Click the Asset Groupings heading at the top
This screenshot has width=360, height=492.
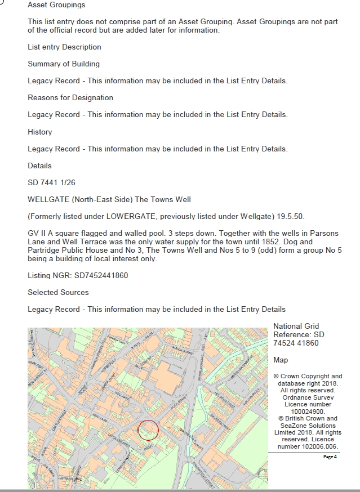pyautogui.click(x=56, y=5)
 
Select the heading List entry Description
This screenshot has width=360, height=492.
pyautogui.click(x=64, y=47)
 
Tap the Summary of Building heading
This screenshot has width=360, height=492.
pyautogui.click(x=64, y=64)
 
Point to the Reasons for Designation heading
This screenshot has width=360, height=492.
pyautogui.click(x=70, y=98)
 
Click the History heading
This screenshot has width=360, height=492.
pyautogui.click(x=39, y=132)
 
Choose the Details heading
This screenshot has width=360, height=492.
pyautogui.click(x=39, y=166)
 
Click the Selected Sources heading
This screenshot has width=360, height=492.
pyautogui.click(x=58, y=293)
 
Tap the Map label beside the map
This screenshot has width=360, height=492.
pyautogui.click(x=281, y=360)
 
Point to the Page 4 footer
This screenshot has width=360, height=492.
pyautogui.click(x=330, y=457)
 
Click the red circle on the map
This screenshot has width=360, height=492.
pyautogui.click(x=148, y=431)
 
